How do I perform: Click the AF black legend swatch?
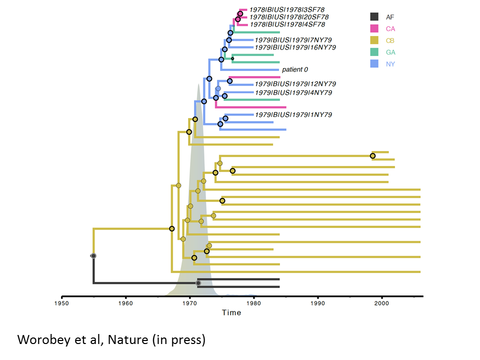[374, 17]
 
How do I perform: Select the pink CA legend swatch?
[374, 29]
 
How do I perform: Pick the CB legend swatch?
[374, 40]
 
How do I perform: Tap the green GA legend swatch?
[374, 52]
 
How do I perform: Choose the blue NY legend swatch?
[374, 64]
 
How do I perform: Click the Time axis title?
[231, 312]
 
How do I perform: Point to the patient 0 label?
[298, 69]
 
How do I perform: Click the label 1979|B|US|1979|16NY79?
[295, 47]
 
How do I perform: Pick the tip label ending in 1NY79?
[293, 115]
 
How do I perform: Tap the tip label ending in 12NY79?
[295, 84]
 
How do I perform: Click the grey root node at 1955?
[93, 255]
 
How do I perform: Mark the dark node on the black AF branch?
[198, 283]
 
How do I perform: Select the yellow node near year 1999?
[372, 156]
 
